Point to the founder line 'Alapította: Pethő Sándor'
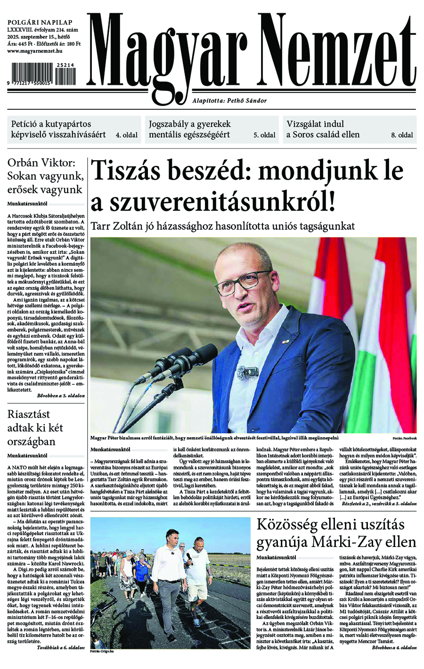[x=229, y=101]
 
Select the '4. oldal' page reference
[x=127, y=135]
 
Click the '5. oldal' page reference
[x=264, y=135]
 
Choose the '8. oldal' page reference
[x=402, y=135]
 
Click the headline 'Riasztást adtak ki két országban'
[x=36, y=428]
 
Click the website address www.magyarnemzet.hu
[x=35, y=51]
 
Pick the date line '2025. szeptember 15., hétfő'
[x=39, y=37]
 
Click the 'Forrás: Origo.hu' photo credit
[x=102, y=652]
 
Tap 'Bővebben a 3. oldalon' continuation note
[x=61, y=396]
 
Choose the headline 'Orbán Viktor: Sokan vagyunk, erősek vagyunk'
[x=45, y=177]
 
